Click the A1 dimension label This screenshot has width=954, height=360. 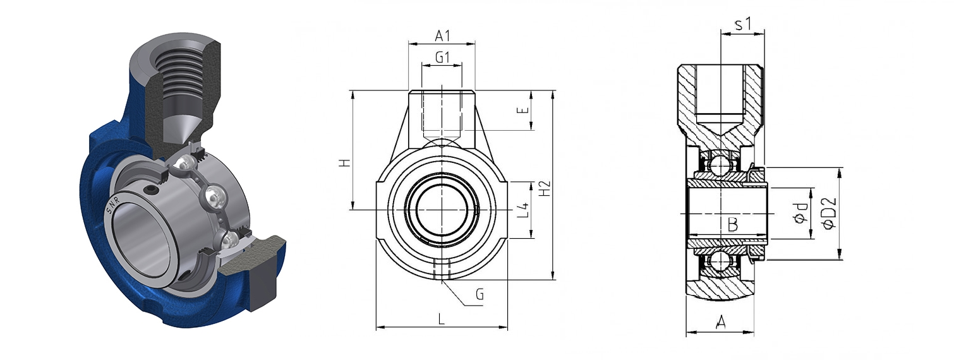(442, 36)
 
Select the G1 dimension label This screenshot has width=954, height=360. (442, 57)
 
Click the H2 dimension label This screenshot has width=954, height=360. (545, 189)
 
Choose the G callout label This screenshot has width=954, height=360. (480, 294)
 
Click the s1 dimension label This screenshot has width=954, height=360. (743, 24)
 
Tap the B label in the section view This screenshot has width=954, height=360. (732, 224)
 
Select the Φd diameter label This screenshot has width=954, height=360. (800, 213)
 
